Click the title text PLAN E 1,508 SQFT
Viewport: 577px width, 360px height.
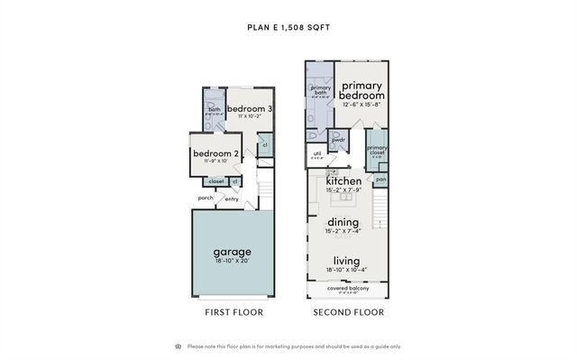click(x=288, y=27)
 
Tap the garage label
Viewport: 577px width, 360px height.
click(x=232, y=251)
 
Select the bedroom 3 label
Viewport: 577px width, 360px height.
click(x=250, y=108)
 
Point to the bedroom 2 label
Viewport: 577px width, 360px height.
click(x=216, y=153)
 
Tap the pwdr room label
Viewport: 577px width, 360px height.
click(x=339, y=140)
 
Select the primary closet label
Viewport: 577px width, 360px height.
click(x=377, y=150)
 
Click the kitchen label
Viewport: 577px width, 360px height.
click(x=343, y=180)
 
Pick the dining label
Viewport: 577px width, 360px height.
click(x=343, y=222)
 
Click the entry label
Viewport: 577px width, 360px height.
click(x=232, y=199)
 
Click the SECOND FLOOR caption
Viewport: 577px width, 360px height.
click(x=348, y=312)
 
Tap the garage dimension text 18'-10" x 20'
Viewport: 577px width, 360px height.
click(x=232, y=261)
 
